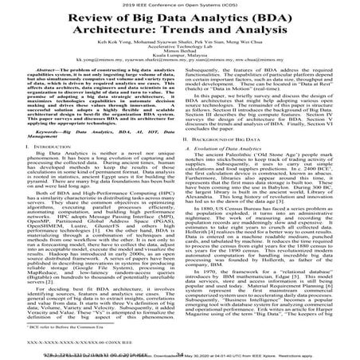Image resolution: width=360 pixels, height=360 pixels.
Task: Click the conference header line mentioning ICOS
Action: pyautogui.click(x=180, y=4)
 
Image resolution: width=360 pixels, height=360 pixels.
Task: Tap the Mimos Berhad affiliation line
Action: pyautogui.click(x=180, y=70)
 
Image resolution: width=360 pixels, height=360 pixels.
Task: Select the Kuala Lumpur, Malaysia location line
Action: pyautogui.click(x=180, y=76)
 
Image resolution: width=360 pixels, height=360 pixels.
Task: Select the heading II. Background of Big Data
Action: pyautogui.click(x=230, y=161)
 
